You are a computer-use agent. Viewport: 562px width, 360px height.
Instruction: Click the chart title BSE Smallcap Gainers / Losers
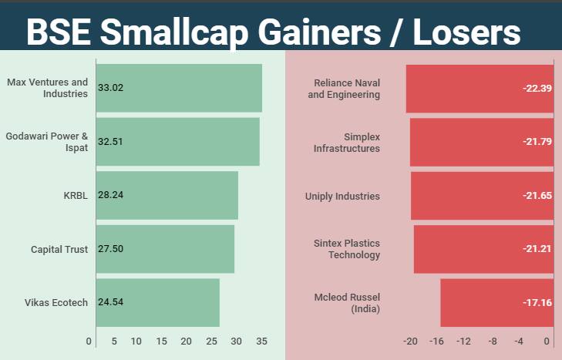tap(273, 32)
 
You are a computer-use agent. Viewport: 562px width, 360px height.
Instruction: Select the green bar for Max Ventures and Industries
tap(179, 88)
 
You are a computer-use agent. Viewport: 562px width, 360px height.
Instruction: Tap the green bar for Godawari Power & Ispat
tap(177, 142)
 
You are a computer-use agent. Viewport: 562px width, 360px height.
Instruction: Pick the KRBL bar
tap(167, 195)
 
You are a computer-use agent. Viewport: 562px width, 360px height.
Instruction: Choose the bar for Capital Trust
tap(165, 249)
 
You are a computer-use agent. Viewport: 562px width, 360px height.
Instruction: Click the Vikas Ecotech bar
tap(157, 302)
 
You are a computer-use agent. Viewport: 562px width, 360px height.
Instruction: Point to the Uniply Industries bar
tap(482, 196)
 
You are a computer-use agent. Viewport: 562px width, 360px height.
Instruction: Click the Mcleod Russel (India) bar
tap(496, 303)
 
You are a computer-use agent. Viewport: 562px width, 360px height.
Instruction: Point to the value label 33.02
tap(111, 88)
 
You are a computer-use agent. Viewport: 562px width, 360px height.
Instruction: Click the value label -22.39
tap(537, 89)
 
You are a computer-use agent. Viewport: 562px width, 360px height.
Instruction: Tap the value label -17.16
tap(537, 303)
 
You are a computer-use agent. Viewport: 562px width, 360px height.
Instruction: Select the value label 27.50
tap(111, 249)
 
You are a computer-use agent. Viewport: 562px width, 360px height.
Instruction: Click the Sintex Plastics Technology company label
tap(347, 249)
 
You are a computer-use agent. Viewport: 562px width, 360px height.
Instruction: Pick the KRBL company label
tap(76, 195)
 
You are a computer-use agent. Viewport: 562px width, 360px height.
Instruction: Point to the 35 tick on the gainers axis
tap(261, 341)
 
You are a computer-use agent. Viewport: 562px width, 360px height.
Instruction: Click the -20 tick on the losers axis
tap(410, 341)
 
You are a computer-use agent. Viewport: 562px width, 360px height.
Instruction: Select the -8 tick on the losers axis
tap(492, 341)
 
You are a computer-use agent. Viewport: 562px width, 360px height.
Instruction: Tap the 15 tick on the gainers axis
tap(161, 341)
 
